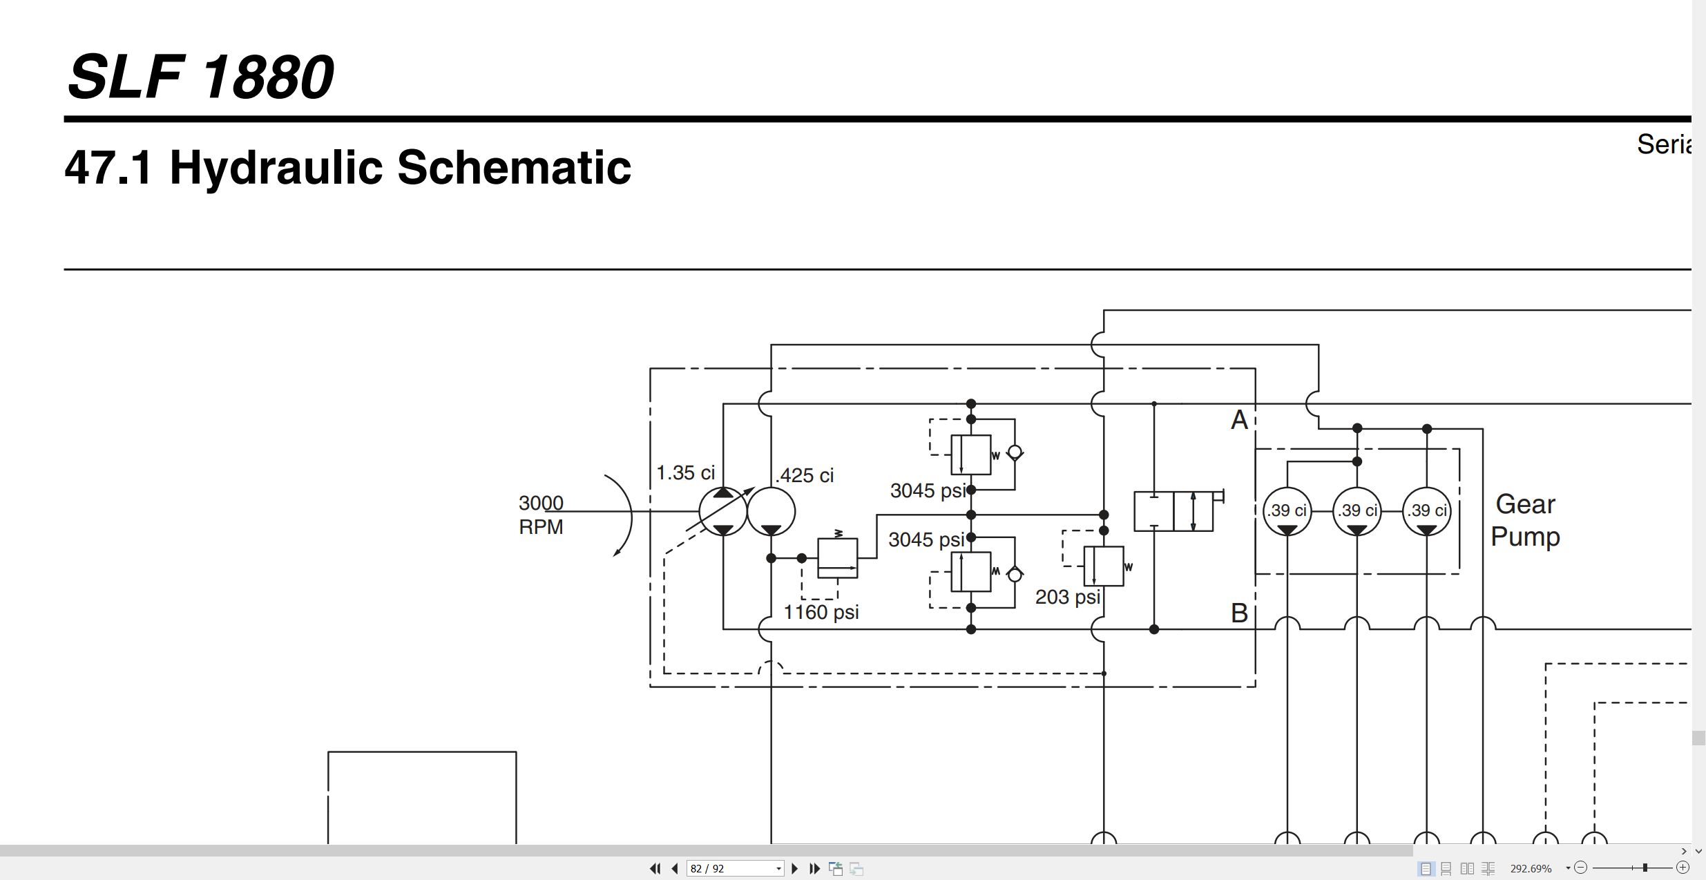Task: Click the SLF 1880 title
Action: tap(200, 76)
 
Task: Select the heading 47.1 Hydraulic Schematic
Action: tap(347, 167)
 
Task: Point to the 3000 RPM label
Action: tap(541, 515)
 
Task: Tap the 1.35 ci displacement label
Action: tap(685, 473)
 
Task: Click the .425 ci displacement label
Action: tap(805, 475)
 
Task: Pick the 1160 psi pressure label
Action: tap(821, 612)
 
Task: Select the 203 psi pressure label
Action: tap(1068, 597)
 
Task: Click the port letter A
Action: tap(1239, 420)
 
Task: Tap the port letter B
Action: tap(1239, 613)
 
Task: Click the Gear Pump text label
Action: tap(1525, 520)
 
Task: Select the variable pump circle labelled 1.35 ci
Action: tap(723, 511)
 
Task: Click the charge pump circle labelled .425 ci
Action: tap(771, 511)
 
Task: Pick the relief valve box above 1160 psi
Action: tap(837, 558)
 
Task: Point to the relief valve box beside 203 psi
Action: tap(1104, 566)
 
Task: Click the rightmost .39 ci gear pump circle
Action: tap(1427, 511)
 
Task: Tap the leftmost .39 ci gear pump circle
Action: tap(1287, 511)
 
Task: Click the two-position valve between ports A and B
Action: tap(1173, 511)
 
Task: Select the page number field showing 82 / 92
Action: tap(735, 868)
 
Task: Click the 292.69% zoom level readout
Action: tap(1531, 868)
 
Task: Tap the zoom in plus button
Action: tap(1683, 868)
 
